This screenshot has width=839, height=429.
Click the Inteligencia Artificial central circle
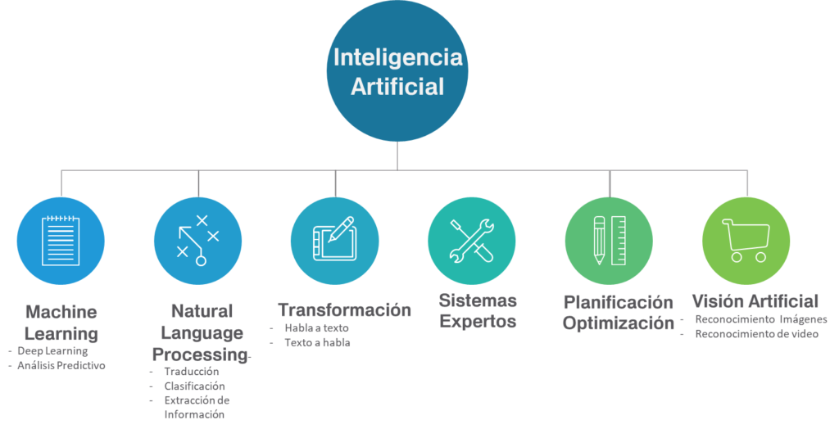[397, 71]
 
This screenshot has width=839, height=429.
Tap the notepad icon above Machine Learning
[61, 240]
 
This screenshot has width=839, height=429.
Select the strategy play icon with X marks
[197, 240]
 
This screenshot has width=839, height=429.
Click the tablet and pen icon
[334, 240]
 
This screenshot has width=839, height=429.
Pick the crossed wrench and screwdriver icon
[471, 240]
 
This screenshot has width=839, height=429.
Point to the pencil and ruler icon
[609, 240]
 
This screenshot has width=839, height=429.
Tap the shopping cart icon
[746, 240]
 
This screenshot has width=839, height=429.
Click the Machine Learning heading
[61, 323]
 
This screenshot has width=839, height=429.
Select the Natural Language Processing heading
[201, 332]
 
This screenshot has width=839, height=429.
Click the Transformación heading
[344, 310]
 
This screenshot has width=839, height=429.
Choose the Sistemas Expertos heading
[478, 310]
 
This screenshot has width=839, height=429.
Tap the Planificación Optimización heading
[618, 313]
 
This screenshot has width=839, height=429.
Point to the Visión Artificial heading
[755, 300]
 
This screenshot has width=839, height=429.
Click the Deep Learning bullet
[52, 351]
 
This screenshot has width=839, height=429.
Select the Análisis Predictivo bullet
[61, 366]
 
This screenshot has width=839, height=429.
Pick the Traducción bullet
[191, 372]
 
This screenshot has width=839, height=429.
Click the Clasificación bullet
[194, 386]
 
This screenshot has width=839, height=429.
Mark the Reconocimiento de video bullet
[756, 334]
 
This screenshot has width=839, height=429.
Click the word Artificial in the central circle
[397, 86]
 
